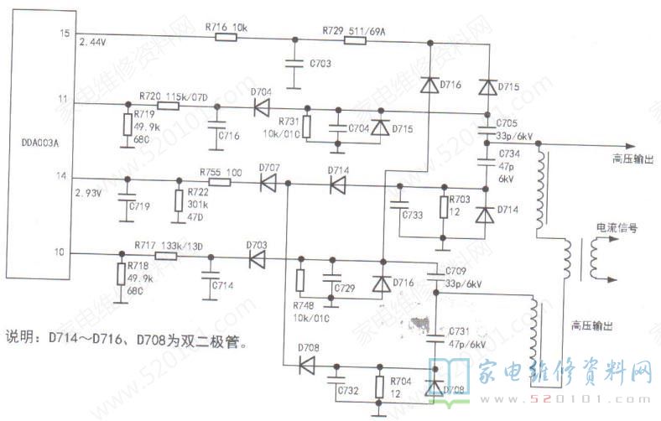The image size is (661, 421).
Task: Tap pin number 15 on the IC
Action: tap(62, 33)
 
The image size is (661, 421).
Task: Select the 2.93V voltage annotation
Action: tap(89, 193)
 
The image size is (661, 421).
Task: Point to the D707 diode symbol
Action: tap(269, 182)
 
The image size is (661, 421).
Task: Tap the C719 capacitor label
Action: tap(140, 205)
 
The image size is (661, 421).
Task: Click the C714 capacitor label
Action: tap(222, 285)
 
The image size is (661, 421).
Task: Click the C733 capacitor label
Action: tap(413, 215)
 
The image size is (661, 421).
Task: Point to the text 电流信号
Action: tap(616, 227)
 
